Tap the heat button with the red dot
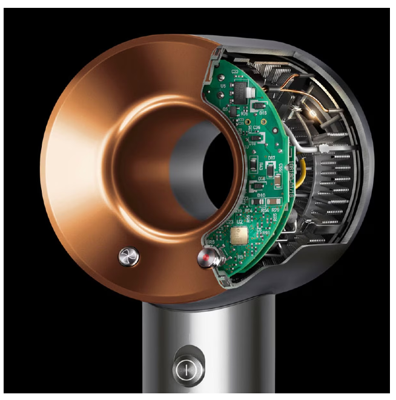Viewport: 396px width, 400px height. [x=205, y=259]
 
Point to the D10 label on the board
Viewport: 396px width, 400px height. [x=261, y=195]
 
